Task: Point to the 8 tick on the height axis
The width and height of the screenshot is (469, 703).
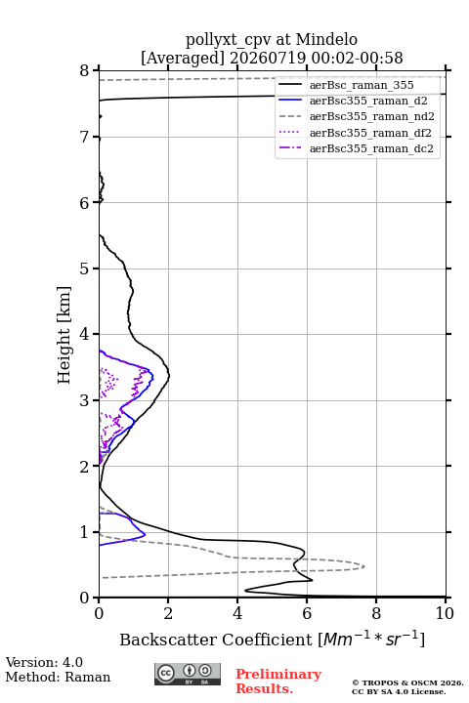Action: tap(85, 70)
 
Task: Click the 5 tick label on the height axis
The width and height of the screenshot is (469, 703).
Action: tap(85, 269)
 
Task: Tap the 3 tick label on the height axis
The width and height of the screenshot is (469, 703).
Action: tap(85, 400)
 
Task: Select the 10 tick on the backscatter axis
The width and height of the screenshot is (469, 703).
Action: tap(445, 613)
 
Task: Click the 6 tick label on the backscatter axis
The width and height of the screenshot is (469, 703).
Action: tap(307, 613)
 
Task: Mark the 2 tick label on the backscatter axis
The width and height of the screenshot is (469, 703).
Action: tap(168, 613)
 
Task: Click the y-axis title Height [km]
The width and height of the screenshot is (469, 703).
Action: tap(64, 335)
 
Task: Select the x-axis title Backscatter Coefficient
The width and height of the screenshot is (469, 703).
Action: tap(215, 640)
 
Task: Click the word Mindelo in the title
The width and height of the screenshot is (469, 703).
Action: tap(326, 39)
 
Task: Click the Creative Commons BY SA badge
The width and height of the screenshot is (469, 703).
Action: tap(188, 674)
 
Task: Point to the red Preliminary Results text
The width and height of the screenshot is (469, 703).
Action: tap(278, 682)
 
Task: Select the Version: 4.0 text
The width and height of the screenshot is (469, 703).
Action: tap(44, 662)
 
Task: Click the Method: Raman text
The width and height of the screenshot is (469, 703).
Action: tap(58, 677)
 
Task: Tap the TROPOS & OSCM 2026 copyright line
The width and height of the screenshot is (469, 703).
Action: tap(407, 682)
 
